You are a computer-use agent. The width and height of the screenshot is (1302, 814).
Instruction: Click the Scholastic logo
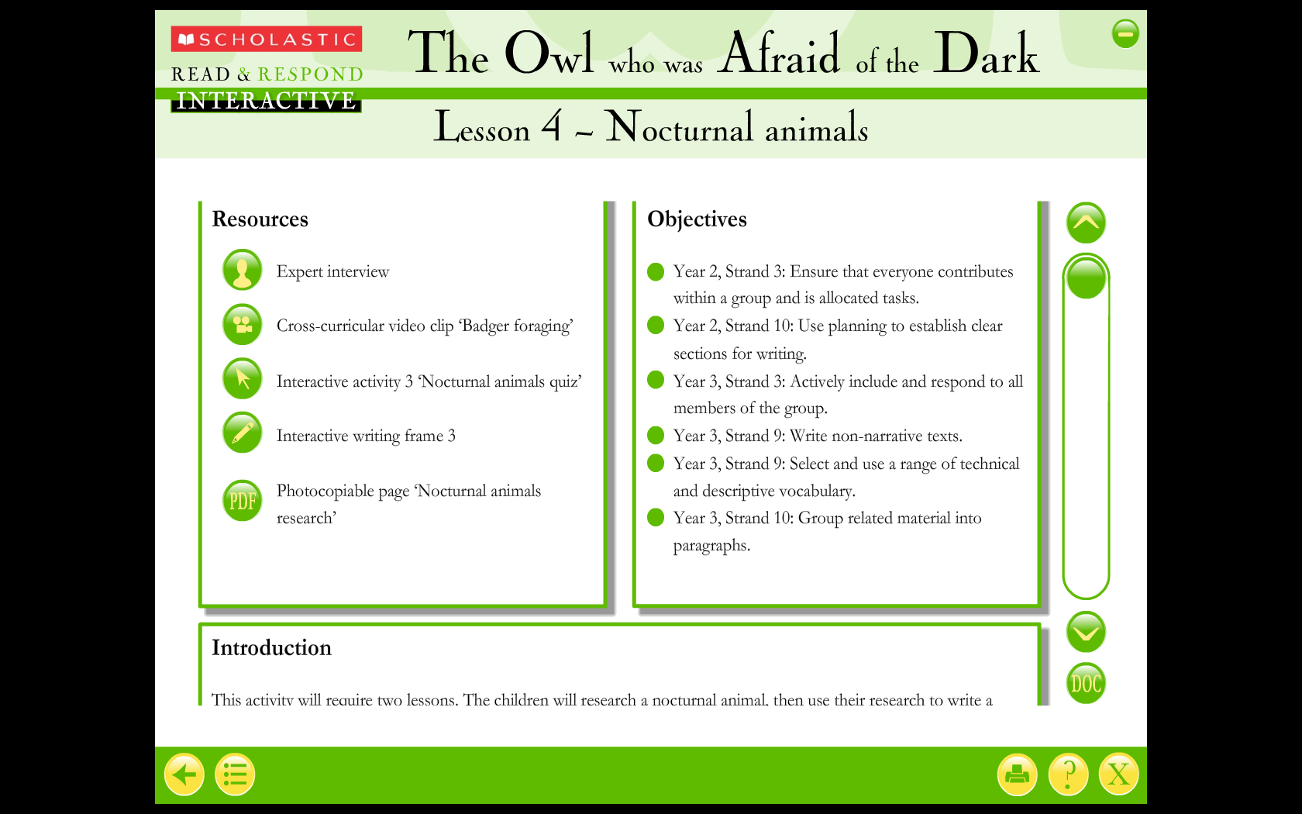[x=267, y=39]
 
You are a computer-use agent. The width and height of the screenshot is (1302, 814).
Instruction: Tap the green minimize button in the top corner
[x=1125, y=34]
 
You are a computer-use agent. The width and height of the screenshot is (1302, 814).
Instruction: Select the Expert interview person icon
[x=243, y=270]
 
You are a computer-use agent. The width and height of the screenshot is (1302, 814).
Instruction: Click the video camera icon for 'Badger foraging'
[x=243, y=324]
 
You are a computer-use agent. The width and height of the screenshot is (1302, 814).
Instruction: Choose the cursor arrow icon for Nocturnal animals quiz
[x=243, y=378]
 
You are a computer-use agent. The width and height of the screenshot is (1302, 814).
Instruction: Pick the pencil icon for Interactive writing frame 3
[x=243, y=433]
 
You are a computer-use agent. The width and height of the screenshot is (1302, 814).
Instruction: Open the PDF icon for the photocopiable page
[x=243, y=501]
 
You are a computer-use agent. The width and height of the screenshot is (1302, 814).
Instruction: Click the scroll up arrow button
[x=1086, y=222]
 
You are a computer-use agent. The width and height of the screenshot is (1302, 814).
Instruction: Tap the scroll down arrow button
[x=1086, y=632]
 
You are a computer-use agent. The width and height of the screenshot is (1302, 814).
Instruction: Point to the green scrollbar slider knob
[x=1086, y=278]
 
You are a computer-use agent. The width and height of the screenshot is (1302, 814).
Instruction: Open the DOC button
[x=1086, y=683]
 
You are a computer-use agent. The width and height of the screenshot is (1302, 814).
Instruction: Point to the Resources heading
[x=260, y=219]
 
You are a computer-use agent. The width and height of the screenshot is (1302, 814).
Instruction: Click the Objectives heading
[x=697, y=220]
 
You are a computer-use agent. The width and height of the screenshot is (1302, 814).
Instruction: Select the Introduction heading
[x=271, y=648]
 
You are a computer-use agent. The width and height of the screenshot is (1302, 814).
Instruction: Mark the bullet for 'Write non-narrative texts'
[x=656, y=435]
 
